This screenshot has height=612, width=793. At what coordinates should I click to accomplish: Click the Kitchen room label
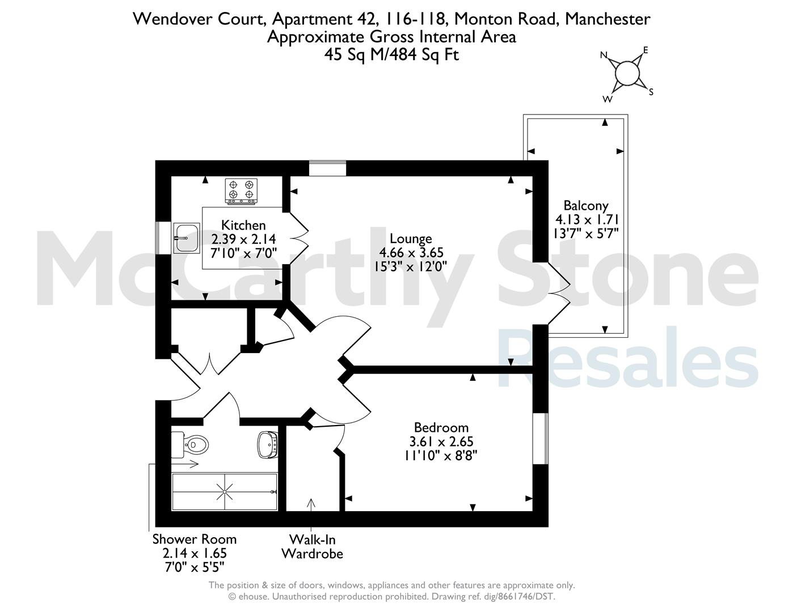[243, 225]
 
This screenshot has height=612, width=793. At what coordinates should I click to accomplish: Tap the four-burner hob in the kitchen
[241, 190]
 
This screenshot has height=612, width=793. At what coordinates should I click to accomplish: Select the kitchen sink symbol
[187, 238]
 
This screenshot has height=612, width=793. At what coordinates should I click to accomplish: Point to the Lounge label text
[411, 239]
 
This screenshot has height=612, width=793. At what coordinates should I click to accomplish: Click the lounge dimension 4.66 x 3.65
[411, 252]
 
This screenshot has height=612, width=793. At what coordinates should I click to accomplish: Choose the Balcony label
[586, 206]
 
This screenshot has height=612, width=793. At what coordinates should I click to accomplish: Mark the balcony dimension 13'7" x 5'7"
[586, 233]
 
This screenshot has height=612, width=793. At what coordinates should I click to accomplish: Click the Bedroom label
[441, 427]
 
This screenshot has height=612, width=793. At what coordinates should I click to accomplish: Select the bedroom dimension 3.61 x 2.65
[441, 441]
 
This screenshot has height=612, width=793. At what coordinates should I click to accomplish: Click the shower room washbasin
[268, 445]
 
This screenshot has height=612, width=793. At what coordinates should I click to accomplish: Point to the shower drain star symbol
[225, 492]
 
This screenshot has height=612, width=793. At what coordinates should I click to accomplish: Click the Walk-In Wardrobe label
[313, 546]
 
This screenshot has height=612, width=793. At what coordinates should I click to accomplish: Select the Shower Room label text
[195, 539]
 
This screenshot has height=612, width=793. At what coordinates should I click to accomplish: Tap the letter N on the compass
[604, 55]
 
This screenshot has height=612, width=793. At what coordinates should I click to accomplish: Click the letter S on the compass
[651, 92]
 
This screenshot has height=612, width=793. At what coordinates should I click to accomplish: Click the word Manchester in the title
[608, 19]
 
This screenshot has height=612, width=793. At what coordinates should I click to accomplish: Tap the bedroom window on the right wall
[541, 439]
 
